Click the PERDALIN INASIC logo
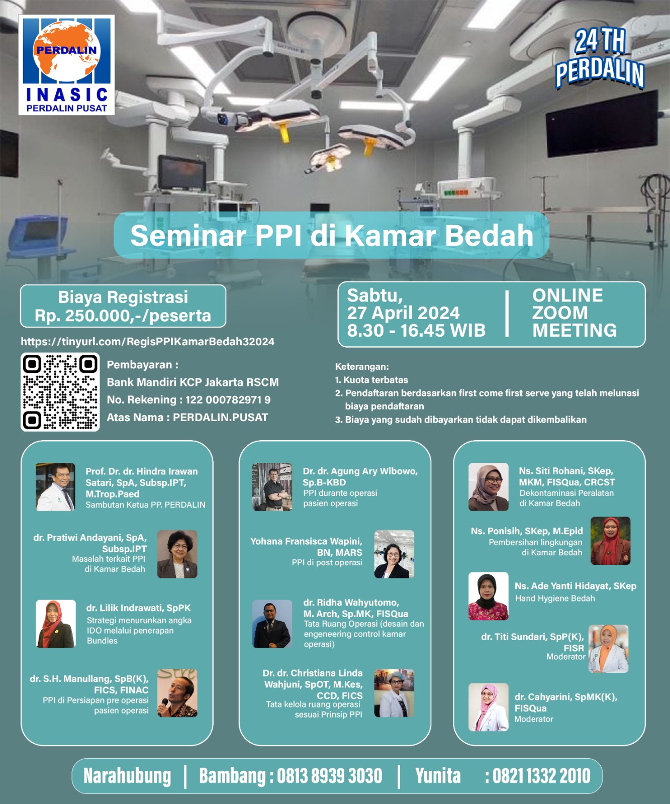(66, 65)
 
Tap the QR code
(60, 392)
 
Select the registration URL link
(148, 342)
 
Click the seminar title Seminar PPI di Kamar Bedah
(332, 235)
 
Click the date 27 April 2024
(403, 313)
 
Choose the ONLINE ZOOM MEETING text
(575, 313)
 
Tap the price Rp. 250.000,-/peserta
(123, 316)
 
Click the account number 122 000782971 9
(228, 400)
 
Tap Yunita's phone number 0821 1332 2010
(542, 776)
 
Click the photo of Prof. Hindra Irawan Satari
(56, 487)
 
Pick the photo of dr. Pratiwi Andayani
(177, 554)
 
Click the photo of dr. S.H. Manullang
(177, 693)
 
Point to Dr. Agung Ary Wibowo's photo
(272, 487)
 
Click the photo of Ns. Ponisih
(610, 541)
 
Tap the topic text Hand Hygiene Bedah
(555, 598)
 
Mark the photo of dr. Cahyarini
(489, 707)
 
